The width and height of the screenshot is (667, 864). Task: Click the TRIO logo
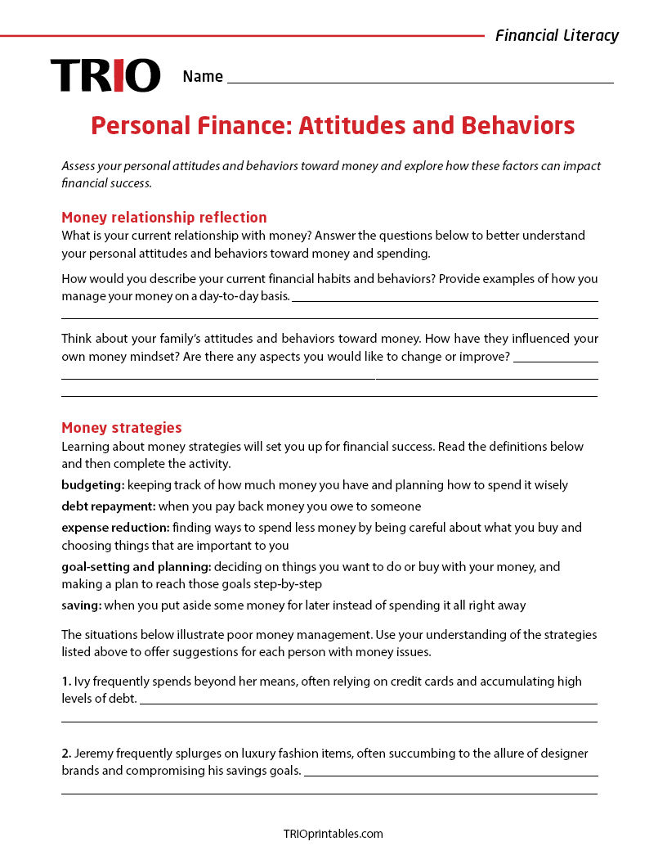(105, 75)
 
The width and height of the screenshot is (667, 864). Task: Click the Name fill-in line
(420, 81)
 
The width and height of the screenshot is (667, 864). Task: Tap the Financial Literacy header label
(557, 35)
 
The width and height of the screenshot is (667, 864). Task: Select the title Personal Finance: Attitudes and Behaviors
(333, 126)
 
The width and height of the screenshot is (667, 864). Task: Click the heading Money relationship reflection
(164, 217)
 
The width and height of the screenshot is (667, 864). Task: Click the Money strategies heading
(122, 427)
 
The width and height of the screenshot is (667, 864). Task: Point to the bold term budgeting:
(92, 485)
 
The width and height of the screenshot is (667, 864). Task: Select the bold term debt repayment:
(108, 506)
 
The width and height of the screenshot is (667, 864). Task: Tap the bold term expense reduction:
(115, 528)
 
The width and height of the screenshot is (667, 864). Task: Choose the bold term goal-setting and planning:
(136, 566)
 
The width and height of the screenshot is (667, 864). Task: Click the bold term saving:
(81, 605)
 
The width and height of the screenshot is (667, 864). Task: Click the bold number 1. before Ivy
(66, 681)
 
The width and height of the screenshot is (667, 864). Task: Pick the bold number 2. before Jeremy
(66, 753)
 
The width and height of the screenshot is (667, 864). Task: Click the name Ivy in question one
(83, 681)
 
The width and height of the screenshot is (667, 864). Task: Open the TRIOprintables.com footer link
(333, 834)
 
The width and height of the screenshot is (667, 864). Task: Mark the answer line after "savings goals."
(450, 774)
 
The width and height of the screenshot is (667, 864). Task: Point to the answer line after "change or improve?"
(555, 360)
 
